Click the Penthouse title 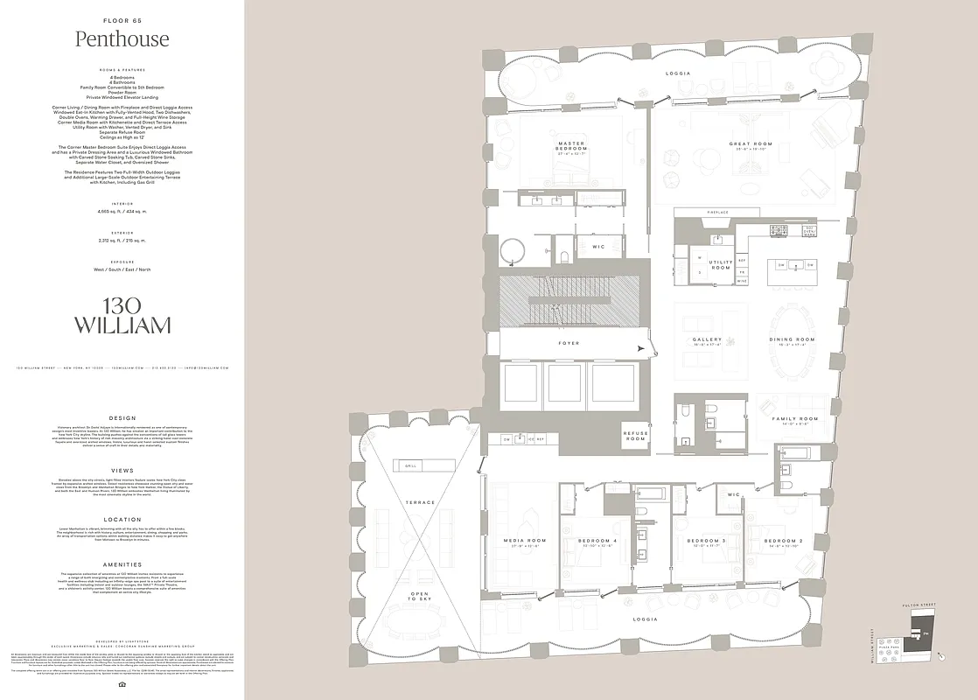tap(122, 39)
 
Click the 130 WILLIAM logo tap(122, 316)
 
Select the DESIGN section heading tap(122, 417)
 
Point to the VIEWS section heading tap(122, 470)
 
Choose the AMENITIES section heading tap(122, 564)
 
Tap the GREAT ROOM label tap(751, 143)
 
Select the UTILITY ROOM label tap(721, 264)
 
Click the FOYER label tap(569, 343)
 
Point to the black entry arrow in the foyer tap(643, 349)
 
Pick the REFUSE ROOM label tap(636, 436)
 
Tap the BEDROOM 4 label tap(598, 541)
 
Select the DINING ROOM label tap(792, 339)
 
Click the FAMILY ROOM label tap(794, 419)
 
